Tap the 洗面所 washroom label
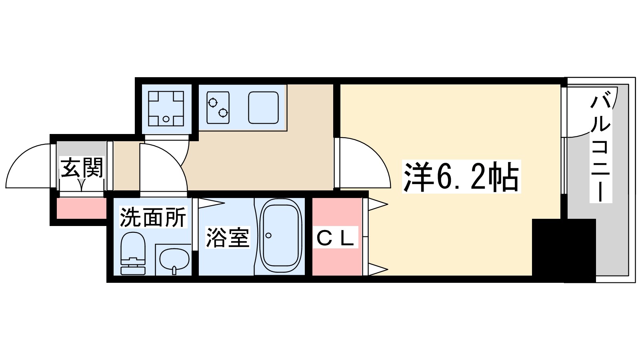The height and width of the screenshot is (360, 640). pyautogui.click(x=153, y=217)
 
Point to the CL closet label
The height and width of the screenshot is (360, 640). pyautogui.click(x=335, y=239)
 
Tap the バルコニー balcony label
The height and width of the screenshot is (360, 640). pyautogui.click(x=601, y=148)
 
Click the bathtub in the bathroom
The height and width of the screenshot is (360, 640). pyautogui.click(x=280, y=236)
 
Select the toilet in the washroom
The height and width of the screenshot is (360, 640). pyautogui.click(x=133, y=254)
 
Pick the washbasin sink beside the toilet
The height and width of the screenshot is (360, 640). pyautogui.click(x=174, y=259)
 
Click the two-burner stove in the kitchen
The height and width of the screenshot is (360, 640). pyautogui.click(x=218, y=107)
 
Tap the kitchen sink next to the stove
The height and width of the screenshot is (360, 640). pyautogui.click(x=263, y=107)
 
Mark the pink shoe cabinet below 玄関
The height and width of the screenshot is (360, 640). pyautogui.click(x=81, y=208)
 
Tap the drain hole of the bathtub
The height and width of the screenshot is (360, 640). pyautogui.click(x=268, y=236)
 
